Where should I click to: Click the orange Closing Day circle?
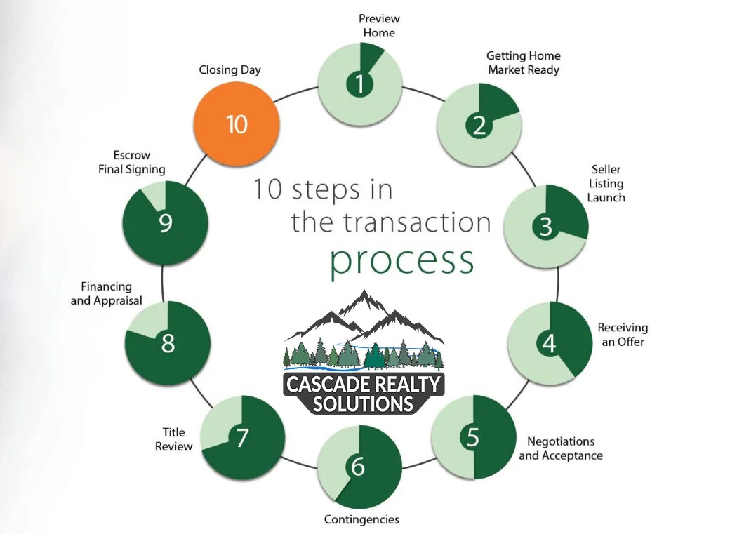click(x=237, y=124)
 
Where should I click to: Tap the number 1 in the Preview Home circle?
click(x=360, y=85)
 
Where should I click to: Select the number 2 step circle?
click(x=479, y=126)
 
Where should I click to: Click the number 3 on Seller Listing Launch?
click(x=546, y=227)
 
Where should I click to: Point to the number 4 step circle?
click(x=549, y=343)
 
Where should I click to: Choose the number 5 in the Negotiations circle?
click(x=473, y=437)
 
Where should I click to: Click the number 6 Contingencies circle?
click(x=359, y=467)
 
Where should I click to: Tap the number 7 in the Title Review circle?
click(x=242, y=438)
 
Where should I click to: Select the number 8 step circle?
click(x=168, y=344)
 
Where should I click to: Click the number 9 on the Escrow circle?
click(x=166, y=224)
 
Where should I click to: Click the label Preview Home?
click(x=378, y=25)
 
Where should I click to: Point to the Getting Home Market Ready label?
click(x=524, y=62)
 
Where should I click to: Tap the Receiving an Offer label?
click(x=623, y=334)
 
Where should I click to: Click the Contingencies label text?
click(x=361, y=519)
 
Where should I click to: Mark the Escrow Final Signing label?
click(x=132, y=162)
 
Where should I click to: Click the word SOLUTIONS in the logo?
click(x=363, y=404)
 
